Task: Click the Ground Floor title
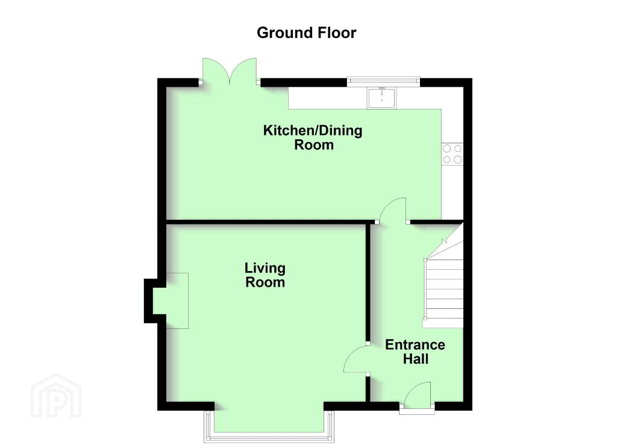[x=306, y=33]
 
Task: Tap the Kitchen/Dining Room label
[x=313, y=137]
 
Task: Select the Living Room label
[x=265, y=275]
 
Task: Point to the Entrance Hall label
[x=415, y=352]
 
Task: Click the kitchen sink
[x=381, y=98]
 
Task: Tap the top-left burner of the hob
[x=447, y=148]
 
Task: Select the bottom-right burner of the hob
[x=458, y=160]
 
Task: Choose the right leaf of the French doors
[x=243, y=70]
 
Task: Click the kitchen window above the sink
[x=383, y=81]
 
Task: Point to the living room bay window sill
[x=269, y=437]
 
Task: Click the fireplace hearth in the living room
[x=177, y=300]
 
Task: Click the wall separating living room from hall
[x=368, y=282]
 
